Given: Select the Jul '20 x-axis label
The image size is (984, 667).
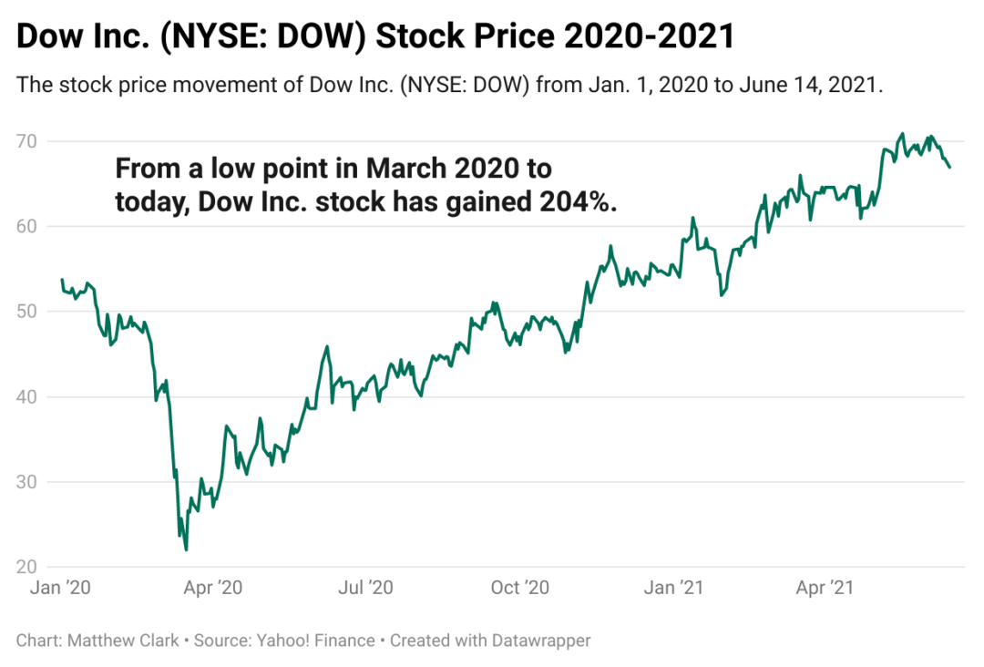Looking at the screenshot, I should click(x=365, y=589).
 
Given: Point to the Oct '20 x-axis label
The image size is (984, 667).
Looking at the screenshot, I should click(x=520, y=589).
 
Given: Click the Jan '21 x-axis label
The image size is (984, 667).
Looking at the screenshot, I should click(x=672, y=589).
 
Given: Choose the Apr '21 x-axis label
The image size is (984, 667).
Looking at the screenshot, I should click(x=825, y=589).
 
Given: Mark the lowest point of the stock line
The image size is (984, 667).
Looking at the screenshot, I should click(x=186, y=549).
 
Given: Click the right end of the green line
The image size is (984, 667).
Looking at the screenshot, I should click(x=950, y=167).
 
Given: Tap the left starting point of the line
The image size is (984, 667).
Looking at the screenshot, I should click(x=61, y=280).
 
